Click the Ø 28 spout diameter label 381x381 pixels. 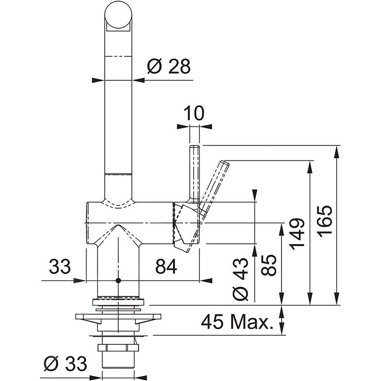point(168,67)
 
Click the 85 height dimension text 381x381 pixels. point(270,264)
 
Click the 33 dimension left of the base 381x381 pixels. point(60,266)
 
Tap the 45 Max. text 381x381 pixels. point(236,322)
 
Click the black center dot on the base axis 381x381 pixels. point(118,280)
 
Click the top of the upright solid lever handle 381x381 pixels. point(194,148)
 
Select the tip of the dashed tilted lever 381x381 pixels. point(225,164)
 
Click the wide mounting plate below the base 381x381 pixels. point(118,318)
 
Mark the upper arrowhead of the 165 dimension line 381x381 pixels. point(338,151)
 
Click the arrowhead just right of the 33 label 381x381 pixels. point(82,280)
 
